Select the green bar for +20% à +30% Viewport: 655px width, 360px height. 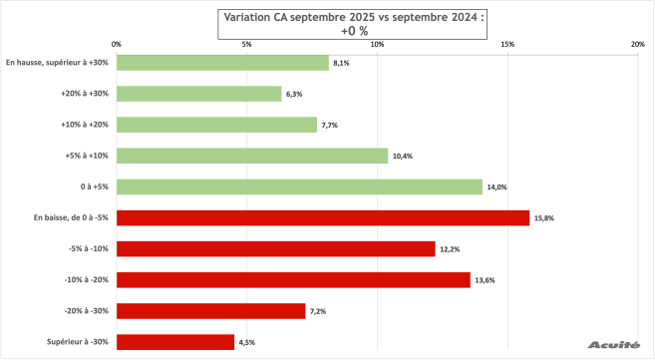click(x=199, y=94)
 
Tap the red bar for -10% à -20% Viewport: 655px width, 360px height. click(x=293, y=280)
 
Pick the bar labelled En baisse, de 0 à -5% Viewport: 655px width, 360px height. click(x=323, y=217)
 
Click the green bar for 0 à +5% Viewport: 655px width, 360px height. click(x=299, y=186)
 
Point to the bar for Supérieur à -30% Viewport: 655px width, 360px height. click(x=175, y=342)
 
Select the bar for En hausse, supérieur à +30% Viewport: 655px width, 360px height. click(x=222, y=63)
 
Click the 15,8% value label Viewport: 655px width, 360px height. click(x=546, y=218)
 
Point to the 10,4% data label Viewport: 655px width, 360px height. click(x=405, y=157)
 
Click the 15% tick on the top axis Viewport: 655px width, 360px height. click(x=507, y=44)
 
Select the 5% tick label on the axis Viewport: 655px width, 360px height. click(x=247, y=44)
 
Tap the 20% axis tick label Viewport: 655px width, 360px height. click(x=638, y=44)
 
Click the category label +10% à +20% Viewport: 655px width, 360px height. click(x=85, y=125)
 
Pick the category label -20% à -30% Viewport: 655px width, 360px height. click(x=86, y=311)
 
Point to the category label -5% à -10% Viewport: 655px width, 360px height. click(x=88, y=249)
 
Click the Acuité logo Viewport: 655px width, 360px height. click(x=614, y=344)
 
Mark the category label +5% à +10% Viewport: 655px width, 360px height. click(x=87, y=156)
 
